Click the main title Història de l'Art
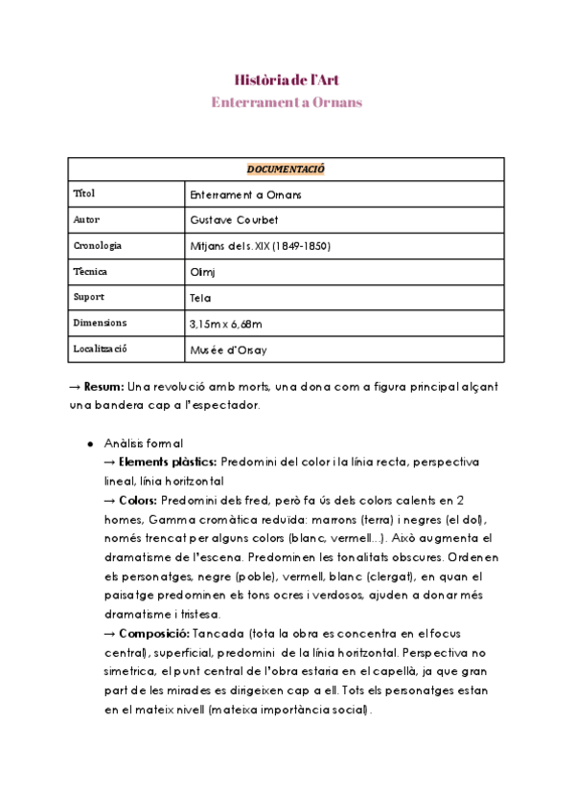(286, 79)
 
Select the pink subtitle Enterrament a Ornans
(286, 101)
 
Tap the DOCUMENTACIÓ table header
(286, 169)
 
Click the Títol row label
(84, 194)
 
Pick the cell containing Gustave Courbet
(234, 220)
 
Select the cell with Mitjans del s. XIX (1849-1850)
(261, 246)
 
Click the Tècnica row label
(89, 272)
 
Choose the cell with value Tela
(200, 298)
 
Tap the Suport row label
(88, 298)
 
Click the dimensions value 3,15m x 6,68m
(226, 324)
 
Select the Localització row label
(100, 350)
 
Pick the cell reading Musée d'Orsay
(229, 350)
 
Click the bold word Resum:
(104, 386)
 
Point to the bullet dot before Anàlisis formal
(90, 443)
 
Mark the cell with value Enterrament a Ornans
(246, 194)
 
